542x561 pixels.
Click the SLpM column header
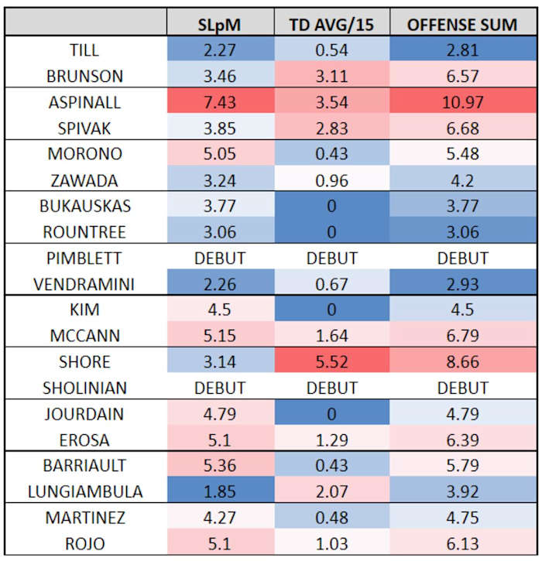(221, 24)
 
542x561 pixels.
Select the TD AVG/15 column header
(331, 24)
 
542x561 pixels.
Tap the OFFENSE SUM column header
(462, 24)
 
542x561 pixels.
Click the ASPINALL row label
(86, 102)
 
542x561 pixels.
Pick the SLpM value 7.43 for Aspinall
(221, 102)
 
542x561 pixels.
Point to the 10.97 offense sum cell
(462, 102)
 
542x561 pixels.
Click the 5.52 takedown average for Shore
(331, 361)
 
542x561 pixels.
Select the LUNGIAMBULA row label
(86, 491)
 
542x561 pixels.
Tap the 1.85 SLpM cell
(221, 491)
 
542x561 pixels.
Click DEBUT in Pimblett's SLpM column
(221, 258)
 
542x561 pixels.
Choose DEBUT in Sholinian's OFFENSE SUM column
(462, 387)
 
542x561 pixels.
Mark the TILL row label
(86, 50)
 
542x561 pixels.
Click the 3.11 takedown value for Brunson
(331, 76)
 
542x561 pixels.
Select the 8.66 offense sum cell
(462, 361)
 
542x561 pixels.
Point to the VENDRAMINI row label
(86, 283)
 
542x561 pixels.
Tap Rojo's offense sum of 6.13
(462, 542)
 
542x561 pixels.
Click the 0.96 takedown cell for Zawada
(331, 180)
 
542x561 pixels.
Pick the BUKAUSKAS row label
(86, 206)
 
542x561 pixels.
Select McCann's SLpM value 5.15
(221, 335)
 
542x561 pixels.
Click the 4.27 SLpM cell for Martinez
(221, 516)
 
